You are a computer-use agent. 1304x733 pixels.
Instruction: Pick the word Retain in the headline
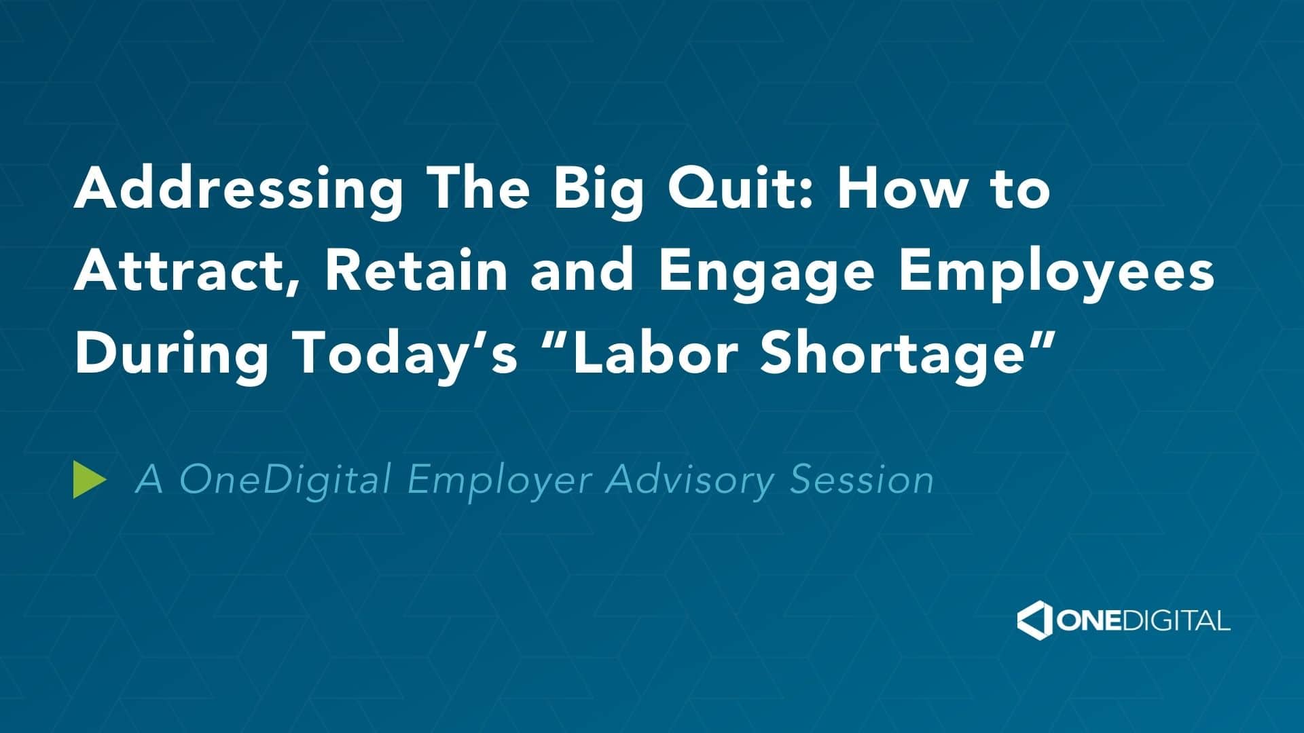(416, 269)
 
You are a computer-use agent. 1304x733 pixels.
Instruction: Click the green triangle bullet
(89, 480)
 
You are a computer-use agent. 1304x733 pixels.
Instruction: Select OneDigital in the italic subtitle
(285, 481)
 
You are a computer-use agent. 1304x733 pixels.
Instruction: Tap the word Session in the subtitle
(862, 480)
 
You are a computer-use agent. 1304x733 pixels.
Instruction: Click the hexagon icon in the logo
(1034, 620)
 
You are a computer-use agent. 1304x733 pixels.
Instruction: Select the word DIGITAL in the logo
(1173, 621)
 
